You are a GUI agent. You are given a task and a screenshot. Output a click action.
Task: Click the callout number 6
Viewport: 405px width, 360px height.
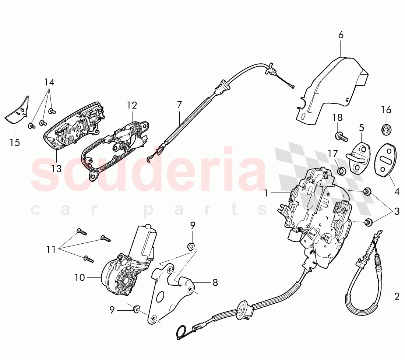pos(341,35)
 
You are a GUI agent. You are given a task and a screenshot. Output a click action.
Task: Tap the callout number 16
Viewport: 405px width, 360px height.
pos(386,110)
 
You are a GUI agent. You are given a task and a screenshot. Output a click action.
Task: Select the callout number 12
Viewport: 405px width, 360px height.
pos(132,105)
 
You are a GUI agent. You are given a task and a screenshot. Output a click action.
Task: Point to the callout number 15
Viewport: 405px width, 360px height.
pos(15,142)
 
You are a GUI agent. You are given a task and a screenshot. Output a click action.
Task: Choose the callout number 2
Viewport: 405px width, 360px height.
pos(397,296)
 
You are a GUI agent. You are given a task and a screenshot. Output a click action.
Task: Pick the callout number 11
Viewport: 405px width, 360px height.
pos(51,250)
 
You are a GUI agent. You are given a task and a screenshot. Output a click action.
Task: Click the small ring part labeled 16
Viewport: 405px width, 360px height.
pos(385,128)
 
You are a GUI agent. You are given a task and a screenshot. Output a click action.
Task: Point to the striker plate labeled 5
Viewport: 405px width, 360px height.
pos(359,157)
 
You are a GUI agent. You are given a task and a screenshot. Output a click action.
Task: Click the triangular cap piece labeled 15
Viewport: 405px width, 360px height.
pos(18,110)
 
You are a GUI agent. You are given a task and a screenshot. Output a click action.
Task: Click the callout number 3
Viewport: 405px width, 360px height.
pos(397,211)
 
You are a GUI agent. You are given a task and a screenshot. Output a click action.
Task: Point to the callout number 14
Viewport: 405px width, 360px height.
pos(49,82)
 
